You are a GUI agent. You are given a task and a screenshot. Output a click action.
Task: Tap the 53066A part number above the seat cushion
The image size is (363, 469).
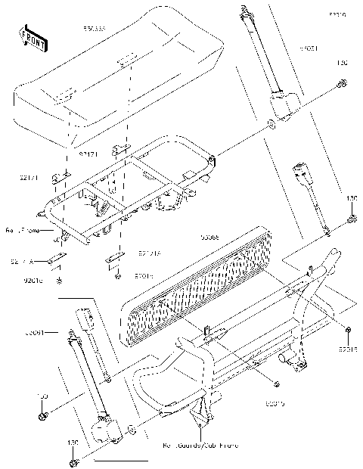click(x=95, y=30)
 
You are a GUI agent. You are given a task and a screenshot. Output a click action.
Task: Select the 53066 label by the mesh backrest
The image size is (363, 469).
click(x=210, y=237)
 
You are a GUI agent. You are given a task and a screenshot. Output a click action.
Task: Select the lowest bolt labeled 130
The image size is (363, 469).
click(x=73, y=462)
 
